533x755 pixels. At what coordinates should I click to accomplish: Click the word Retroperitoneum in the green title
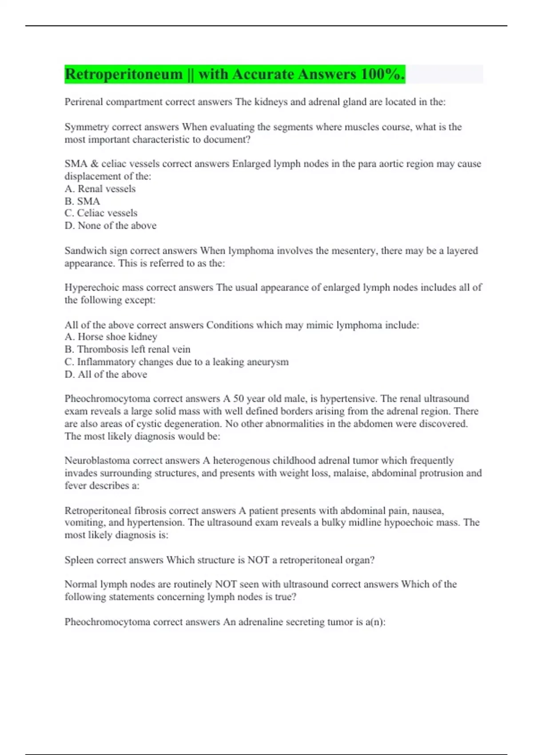point(123,74)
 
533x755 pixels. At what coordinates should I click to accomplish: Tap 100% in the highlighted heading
point(382,74)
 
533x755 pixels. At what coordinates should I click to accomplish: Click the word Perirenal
point(83,102)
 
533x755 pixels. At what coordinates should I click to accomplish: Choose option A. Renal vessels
point(100,189)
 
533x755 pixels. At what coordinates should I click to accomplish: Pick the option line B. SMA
point(82,201)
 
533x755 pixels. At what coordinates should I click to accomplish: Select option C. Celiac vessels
point(101,213)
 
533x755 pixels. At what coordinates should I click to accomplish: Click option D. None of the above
point(110,226)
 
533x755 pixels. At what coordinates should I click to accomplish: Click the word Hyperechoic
point(87,288)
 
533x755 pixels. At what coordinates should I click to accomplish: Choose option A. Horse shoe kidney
point(111,337)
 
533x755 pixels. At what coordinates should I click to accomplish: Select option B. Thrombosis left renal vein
point(127,350)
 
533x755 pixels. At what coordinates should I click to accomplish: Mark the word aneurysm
point(270,362)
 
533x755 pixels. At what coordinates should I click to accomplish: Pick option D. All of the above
point(106,374)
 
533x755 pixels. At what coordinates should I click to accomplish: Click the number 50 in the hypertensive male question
point(239,399)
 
